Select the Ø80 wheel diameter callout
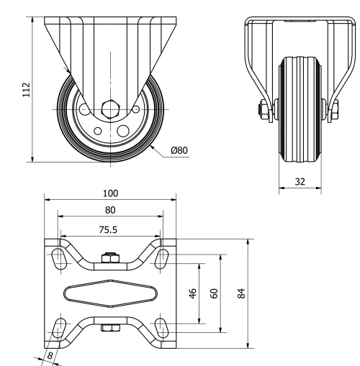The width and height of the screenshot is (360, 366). [x=179, y=150]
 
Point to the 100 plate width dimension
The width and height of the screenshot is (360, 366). [x=110, y=193]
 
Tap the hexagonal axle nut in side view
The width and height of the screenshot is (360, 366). [x=109, y=110]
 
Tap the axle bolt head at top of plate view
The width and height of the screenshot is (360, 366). [x=110, y=257]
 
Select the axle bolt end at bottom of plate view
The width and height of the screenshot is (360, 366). [x=110, y=329]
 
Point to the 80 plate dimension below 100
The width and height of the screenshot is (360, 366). [x=110, y=209]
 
